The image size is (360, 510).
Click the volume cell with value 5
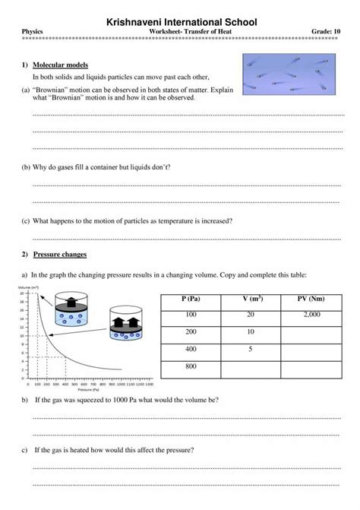click(251, 348)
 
